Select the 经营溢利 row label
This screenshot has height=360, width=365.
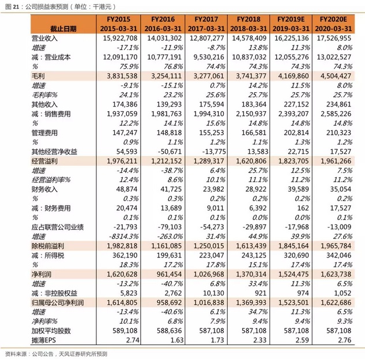point(46,161)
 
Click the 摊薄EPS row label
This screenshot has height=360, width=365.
point(45,340)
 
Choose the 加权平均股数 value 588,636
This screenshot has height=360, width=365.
point(167,331)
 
